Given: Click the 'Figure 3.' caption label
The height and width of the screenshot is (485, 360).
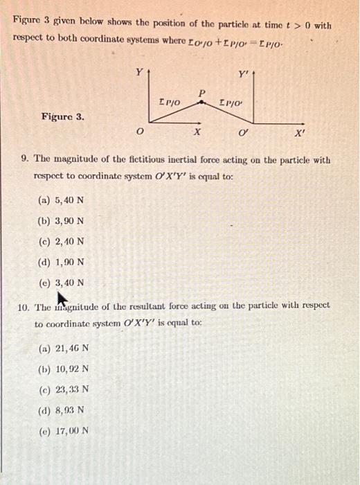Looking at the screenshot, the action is pos(63,117).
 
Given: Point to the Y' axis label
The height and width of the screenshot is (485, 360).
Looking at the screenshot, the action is pos(243,74).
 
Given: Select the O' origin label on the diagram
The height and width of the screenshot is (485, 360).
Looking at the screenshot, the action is pos(243,133).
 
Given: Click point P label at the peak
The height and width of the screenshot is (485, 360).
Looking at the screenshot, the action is pos(202,91).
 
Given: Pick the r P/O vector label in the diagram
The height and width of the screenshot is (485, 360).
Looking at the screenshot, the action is pos(170,103).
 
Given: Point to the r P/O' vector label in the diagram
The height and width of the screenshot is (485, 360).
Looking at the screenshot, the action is pos(229,103).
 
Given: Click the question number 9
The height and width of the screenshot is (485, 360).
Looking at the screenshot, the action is pos(25,159).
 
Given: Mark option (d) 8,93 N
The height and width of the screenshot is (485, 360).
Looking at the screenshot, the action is pos(62,409).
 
